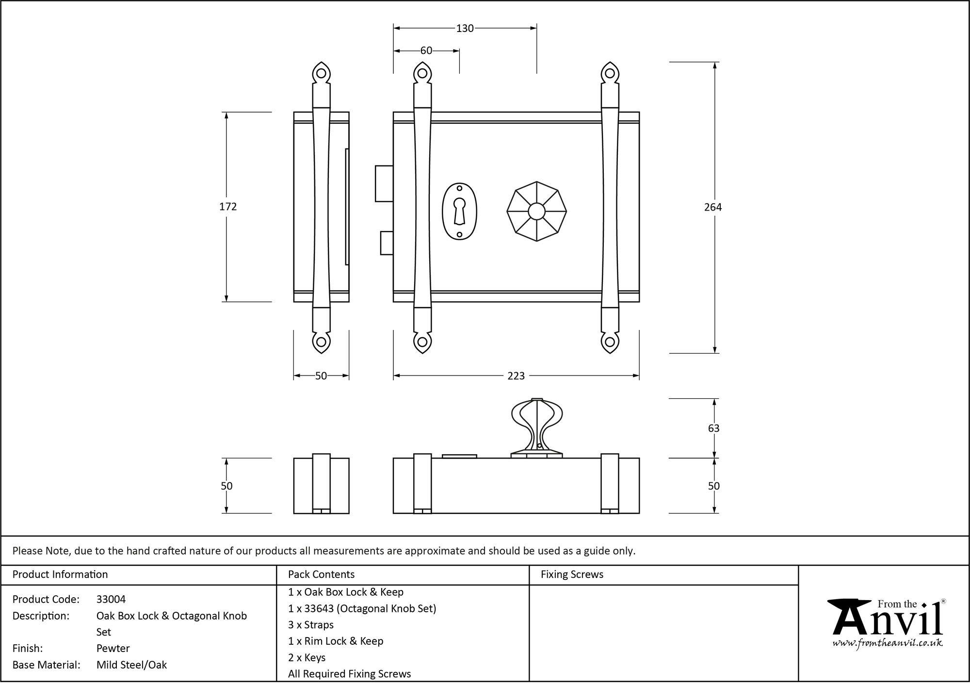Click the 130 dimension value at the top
[x=465, y=29]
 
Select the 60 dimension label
[x=426, y=51]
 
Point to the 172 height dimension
[x=228, y=207]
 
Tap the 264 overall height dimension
[x=713, y=207]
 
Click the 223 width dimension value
[x=516, y=376]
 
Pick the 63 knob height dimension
[x=713, y=428]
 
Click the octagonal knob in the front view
[x=536, y=212]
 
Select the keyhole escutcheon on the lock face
[x=459, y=212]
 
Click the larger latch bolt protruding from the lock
[x=384, y=183]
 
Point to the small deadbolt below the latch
[x=387, y=243]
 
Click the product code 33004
[x=111, y=600]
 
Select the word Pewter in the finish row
[x=113, y=649]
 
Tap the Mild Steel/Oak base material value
[x=131, y=665]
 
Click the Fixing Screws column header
[x=572, y=575]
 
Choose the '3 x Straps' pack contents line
[x=311, y=625]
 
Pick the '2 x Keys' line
[x=307, y=658]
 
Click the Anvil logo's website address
[x=888, y=643]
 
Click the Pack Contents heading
[x=321, y=575]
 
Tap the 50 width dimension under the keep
[x=321, y=376]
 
